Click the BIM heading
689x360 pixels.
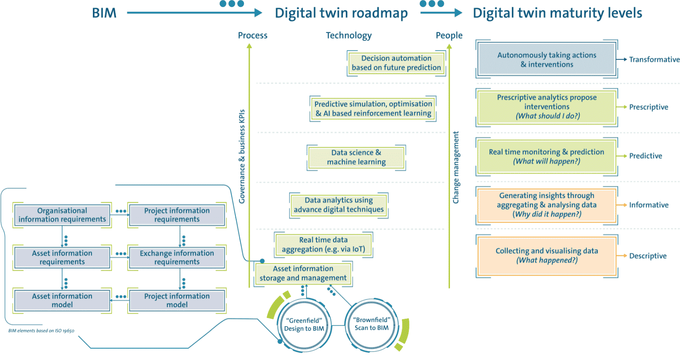pyautogui.click(x=104, y=13)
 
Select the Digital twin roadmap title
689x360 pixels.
pyautogui.click(x=341, y=13)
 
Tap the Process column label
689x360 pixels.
pyautogui.click(x=252, y=35)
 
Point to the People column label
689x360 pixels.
pyautogui.click(x=449, y=35)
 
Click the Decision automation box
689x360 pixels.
pyautogui.click(x=396, y=63)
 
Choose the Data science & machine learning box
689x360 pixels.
pyautogui.click(x=356, y=157)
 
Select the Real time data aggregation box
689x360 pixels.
pyautogui.click(x=324, y=244)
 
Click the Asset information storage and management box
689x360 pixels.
pyautogui.click(x=303, y=273)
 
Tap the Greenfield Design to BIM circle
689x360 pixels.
pyautogui.click(x=304, y=325)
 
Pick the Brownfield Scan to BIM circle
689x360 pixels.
pyautogui.click(x=371, y=324)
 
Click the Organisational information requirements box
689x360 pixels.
pyautogui.click(x=62, y=215)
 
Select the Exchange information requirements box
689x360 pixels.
pyautogui.click(x=177, y=257)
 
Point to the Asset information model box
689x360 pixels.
pyautogui.click(x=62, y=300)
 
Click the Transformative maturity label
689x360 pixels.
pyautogui.click(x=654, y=59)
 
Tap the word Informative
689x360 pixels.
pyautogui.click(x=648, y=205)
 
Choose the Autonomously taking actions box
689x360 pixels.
pyautogui.click(x=546, y=59)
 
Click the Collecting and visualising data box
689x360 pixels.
pyautogui.click(x=546, y=255)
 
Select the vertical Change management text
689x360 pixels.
pyautogui.click(x=456, y=167)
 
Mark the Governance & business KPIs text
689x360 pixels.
pyautogui.click(x=242, y=156)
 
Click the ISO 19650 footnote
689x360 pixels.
pyautogui.click(x=41, y=331)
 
